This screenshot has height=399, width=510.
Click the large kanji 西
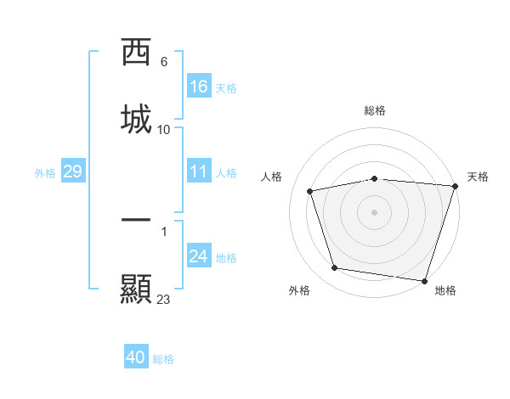point(137,53)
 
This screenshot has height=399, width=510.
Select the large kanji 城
point(137,118)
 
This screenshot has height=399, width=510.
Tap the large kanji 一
point(137,220)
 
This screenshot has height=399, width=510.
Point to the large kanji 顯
point(137,289)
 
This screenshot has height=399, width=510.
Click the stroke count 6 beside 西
point(164,62)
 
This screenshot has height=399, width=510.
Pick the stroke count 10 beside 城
point(164,130)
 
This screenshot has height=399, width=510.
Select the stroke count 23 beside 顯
point(164,300)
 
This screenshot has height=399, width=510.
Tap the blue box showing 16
point(199,87)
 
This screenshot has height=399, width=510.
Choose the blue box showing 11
point(199,171)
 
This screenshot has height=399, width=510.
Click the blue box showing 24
point(199,256)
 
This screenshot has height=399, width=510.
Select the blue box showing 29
point(72,171)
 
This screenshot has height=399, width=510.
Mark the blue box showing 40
point(136,357)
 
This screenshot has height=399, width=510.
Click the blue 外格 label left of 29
point(45,173)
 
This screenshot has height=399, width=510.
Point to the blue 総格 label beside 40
point(163,359)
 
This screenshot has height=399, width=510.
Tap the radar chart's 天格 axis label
point(478,177)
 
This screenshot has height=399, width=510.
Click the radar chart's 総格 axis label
point(375,110)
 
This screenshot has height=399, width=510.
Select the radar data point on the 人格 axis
point(311,191)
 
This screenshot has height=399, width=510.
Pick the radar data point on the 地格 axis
point(425,280)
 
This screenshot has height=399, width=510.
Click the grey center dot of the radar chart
point(375,211)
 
